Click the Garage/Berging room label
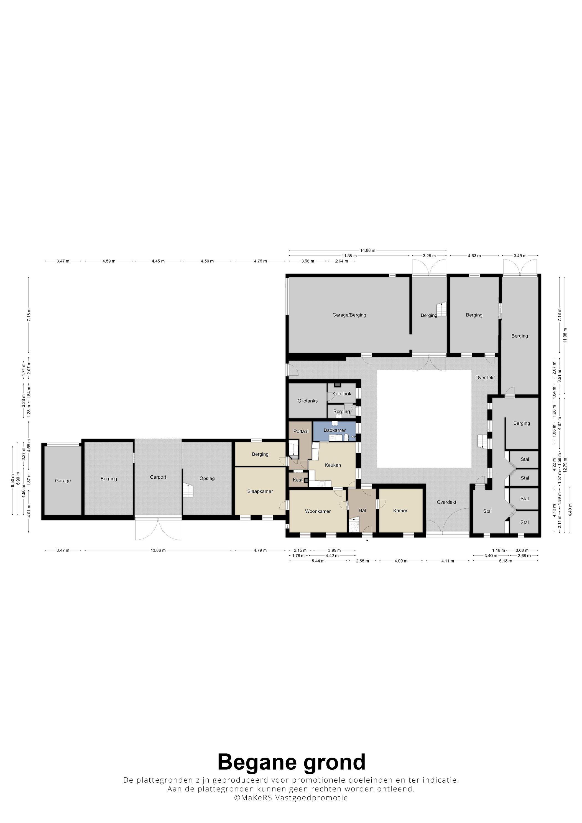[349, 315]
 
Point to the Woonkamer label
[318, 511]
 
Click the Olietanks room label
[307, 401]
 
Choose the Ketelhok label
[342, 394]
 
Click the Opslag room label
[207, 478]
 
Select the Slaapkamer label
[260, 491]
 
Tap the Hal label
[362, 511]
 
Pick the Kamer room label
[400, 511]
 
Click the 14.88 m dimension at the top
[367, 250]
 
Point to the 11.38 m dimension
[349, 256]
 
